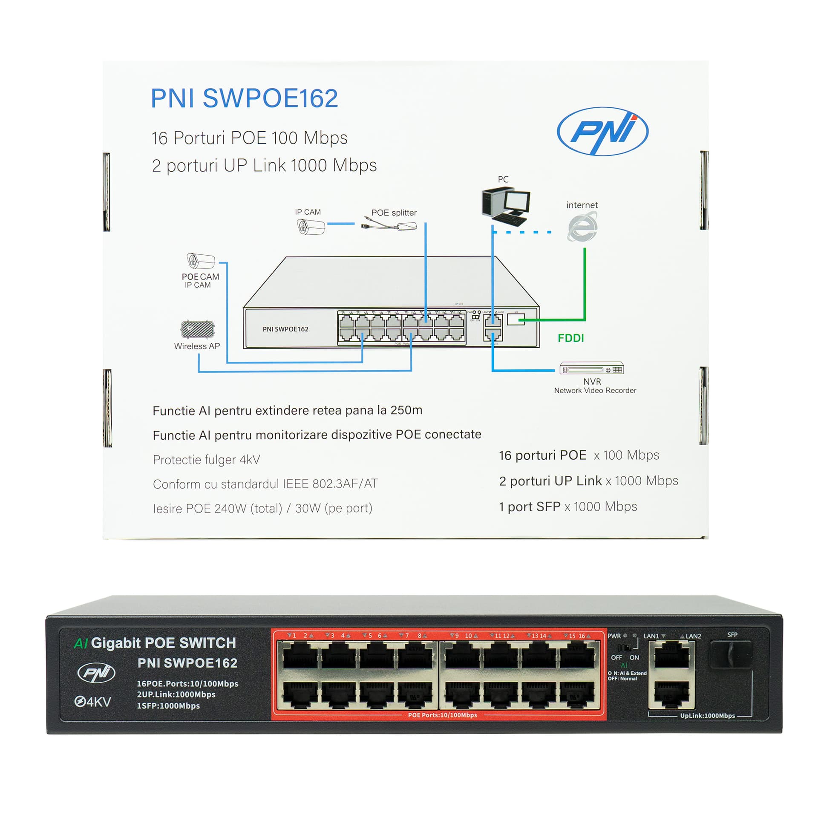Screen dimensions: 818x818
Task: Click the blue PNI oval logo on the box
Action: pyautogui.click(x=602, y=131)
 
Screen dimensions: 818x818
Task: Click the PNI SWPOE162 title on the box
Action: pyautogui.click(x=244, y=98)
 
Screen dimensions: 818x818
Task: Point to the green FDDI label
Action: pyautogui.click(x=570, y=338)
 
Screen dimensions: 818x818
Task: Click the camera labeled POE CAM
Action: pyautogui.click(x=201, y=261)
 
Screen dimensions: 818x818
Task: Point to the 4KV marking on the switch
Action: pyautogui.click(x=93, y=702)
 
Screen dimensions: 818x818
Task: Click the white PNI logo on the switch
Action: pyautogui.click(x=96, y=673)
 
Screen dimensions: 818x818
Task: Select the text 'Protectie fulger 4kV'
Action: pyautogui.click(x=206, y=460)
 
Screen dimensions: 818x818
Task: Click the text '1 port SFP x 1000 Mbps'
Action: pyautogui.click(x=568, y=507)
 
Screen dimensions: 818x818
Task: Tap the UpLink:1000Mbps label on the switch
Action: pyautogui.click(x=707, y=716)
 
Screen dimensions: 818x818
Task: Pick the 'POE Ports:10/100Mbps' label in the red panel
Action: pyautogui.click(x=442, y=715)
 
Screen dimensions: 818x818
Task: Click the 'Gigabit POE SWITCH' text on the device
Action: pyautogui.click(x=163, y=643)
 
